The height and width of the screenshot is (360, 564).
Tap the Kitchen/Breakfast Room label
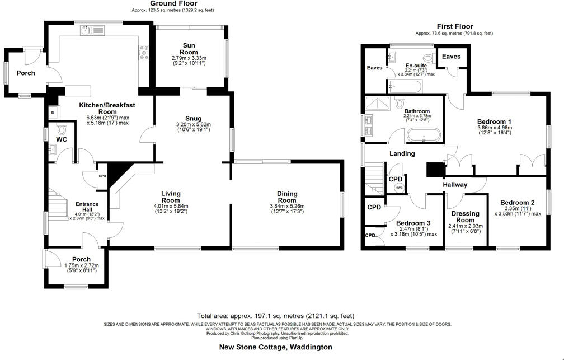pyautogui.click(x=107, y=108)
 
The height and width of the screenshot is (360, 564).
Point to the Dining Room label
pyautogui.click(x=287, y=197)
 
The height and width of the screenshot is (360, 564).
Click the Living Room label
pyautogui.click(x=171, y=197)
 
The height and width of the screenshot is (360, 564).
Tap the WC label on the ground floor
pyautogui.click(x=62, y=139)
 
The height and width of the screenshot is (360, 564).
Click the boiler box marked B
pyautogui.click(x=53, y=113)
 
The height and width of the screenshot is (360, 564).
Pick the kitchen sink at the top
pyautogui.click(x=90, y=31)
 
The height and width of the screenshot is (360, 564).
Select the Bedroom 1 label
pyautogui.click(x=494, y=121)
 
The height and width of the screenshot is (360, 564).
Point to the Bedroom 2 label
pyautogui.click(x=517, y=203)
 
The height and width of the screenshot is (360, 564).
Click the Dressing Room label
pyautogui.click(x=465, y=217)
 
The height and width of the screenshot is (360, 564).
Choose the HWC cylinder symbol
pyautogui.click(x=398, y=187)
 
